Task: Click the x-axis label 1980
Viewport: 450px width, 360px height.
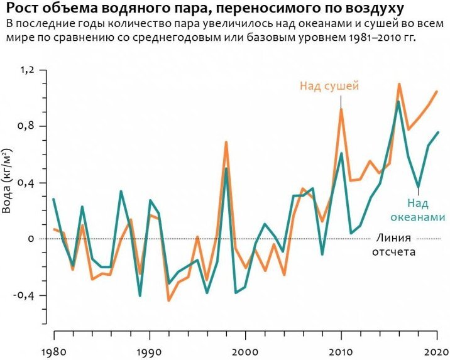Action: click(x=54, y=352)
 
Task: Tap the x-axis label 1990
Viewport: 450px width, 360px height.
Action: click(x=150, y=352)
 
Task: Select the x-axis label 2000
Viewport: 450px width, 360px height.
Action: click(x=245, y=352)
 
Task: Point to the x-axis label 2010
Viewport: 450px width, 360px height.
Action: click(x=341, y=352)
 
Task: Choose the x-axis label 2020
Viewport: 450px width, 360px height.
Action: click(x=437, y=352)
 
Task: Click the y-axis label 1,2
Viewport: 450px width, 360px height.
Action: click(x=26, y=70)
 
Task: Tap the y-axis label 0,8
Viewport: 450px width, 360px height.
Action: click(x=26, y=126)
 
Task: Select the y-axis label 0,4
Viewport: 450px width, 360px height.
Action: click(x=26, y=183)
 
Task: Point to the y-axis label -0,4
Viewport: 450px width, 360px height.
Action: click(x=23, y=295)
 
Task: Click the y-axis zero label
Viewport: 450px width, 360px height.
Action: click(x=31, y=239)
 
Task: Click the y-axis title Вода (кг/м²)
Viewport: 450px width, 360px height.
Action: click(x=7, y=181)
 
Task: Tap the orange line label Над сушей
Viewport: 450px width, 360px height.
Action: click(x=329, y=86)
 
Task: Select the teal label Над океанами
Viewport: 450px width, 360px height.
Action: click(x=417, y=210)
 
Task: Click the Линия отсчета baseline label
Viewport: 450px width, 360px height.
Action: click(x=393, y=245)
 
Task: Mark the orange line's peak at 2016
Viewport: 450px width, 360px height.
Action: click(x=399, y=84)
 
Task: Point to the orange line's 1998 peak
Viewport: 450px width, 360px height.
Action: click(x=226, y=142)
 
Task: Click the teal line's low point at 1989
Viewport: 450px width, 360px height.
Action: click(x=140, y=295)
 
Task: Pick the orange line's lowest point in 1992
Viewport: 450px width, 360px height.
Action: click(x=168, y=300)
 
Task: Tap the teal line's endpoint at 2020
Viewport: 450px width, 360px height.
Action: click(x=438, y=132)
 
